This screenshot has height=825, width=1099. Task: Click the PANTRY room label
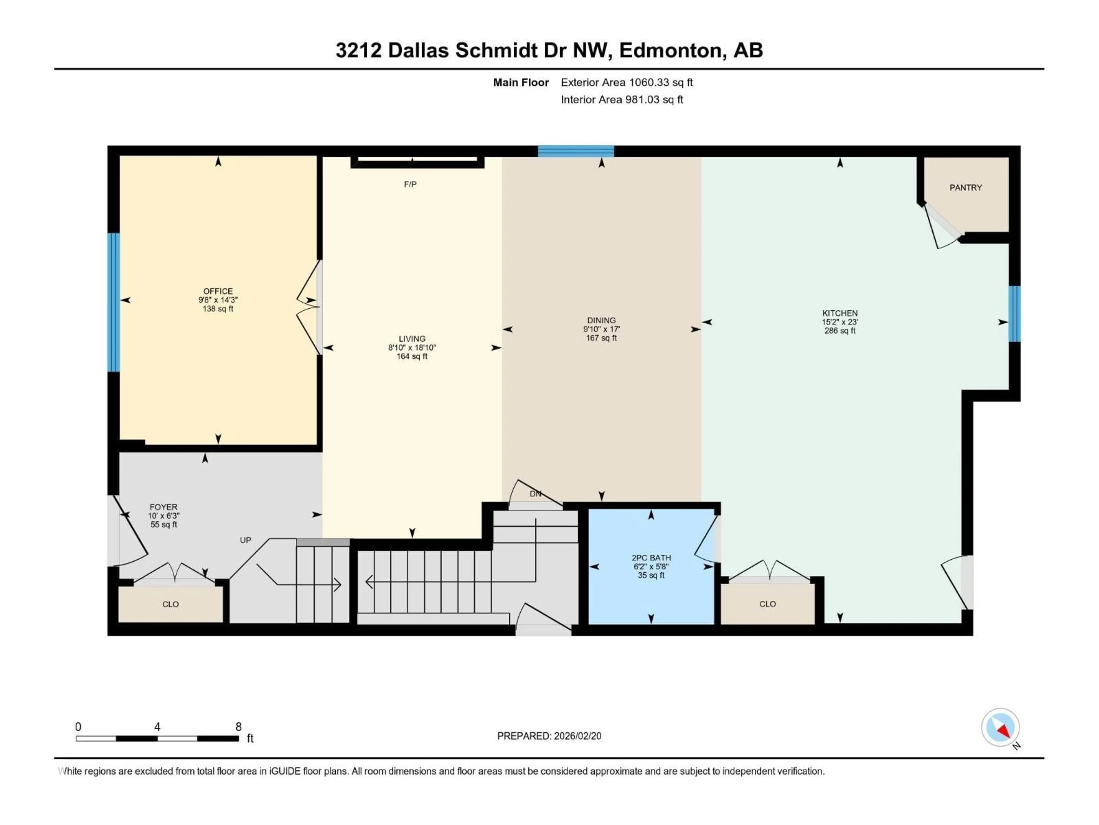coord(965,187)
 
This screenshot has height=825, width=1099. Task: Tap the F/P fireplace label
coord(410,184)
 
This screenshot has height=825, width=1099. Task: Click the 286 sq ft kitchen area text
coord(840,330)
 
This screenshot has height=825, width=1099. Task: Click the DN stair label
coord(535,494)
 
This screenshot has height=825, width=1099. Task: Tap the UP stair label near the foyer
coord(246,540)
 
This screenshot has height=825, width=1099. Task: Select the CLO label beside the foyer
coord(170,604)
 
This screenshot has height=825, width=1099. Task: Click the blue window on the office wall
coord(114,302)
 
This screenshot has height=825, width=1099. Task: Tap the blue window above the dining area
coord(576,151)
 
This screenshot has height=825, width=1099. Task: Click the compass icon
coord(1000,728)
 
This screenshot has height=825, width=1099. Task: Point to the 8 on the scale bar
coord(238,726)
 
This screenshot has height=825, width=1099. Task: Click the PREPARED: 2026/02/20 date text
coord(549,736)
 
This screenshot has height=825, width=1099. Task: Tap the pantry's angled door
coord(942,226)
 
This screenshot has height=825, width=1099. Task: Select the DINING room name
coord(601,320)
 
